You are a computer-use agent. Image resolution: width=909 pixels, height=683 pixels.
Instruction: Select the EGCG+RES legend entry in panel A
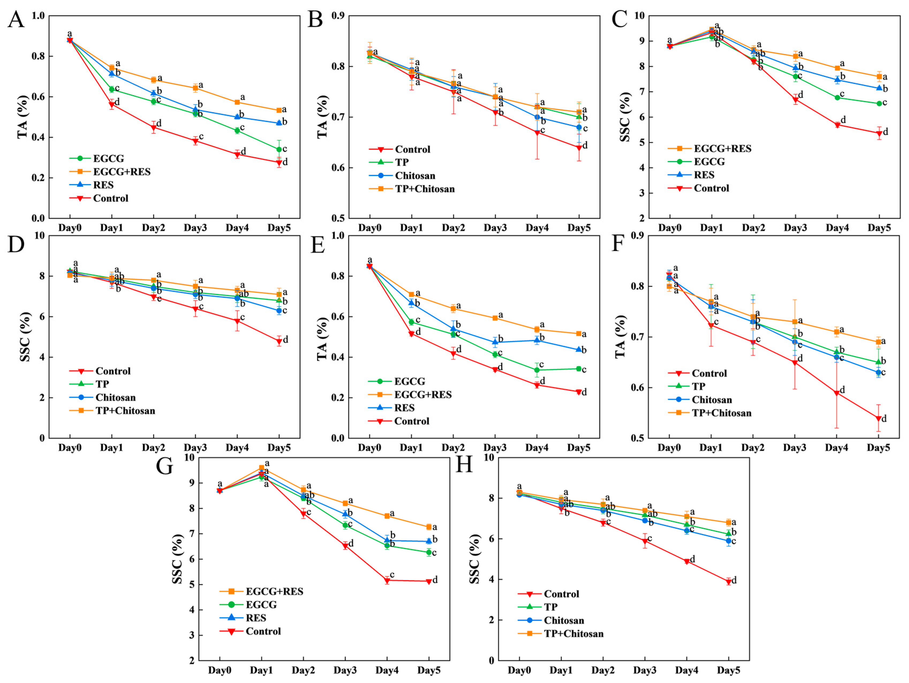[x=122, y=171]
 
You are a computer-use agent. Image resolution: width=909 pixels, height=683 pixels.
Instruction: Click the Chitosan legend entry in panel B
[x=415, y=176]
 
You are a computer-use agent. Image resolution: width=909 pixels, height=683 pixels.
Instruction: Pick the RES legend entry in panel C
[x=704, y=175]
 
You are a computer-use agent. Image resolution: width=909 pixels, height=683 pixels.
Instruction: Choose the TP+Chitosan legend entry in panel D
[x=125, y=410]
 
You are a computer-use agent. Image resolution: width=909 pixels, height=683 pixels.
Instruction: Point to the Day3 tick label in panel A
[x=195, y=227]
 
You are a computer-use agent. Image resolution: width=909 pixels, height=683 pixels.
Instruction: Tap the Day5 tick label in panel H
[x=728, y=670]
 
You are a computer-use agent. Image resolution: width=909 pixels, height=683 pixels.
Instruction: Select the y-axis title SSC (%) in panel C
[x=625, y=117]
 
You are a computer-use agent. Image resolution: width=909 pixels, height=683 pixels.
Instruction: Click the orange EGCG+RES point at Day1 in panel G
[x=261, y=468]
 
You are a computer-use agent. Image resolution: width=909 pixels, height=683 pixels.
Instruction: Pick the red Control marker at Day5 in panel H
[x=728, y=582]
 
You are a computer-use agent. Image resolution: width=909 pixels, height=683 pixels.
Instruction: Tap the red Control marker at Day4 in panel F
[x=836, y=393]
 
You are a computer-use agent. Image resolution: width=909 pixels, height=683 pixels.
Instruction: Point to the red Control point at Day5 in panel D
[x=279, y=341]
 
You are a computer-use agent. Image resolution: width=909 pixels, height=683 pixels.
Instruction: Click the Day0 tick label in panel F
[x=669, y=447]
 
